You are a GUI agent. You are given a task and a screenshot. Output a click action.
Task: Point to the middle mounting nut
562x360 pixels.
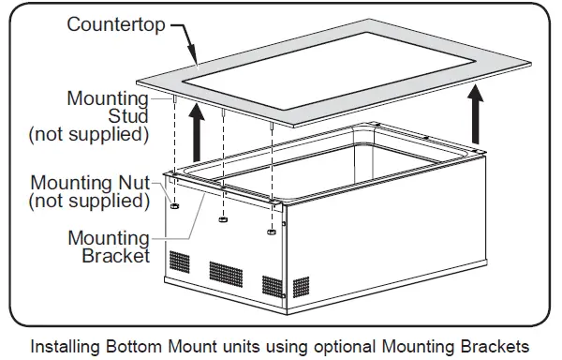[224, 220]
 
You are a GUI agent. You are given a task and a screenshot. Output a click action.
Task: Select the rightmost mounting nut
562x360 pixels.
[272, 231]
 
